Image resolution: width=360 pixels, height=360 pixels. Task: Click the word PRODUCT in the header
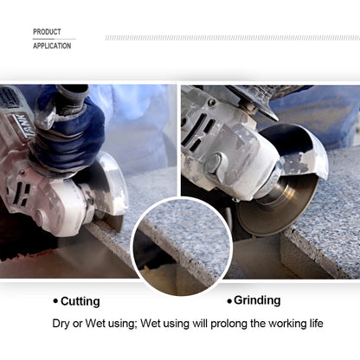[x=47, y=32]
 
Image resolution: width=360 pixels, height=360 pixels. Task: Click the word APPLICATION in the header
[x=52, y=46]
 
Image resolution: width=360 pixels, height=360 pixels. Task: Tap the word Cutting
[x=80, y=301]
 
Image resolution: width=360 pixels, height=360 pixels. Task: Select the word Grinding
[x=257, y=300]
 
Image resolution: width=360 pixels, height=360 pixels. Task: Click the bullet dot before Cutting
[x=55, y=301]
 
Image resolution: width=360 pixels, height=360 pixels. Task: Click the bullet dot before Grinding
[x=229, y=301]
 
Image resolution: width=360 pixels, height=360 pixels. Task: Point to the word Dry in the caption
[x=61, y=324]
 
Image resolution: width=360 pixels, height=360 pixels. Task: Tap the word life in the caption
[x=317, y=324]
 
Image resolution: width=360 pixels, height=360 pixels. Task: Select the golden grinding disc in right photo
[x=277, y=205]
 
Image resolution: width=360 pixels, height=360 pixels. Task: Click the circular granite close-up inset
[x=182, y=247]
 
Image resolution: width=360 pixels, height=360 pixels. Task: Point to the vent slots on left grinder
[x=23, y=191]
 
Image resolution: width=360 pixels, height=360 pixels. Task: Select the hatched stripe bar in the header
[x=233, y=38]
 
